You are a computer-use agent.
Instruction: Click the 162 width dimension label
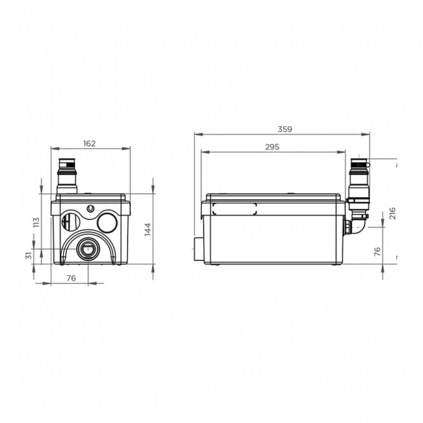click(x=90, y=143)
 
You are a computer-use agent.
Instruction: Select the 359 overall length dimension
click(x=284, y=129)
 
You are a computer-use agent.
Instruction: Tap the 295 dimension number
click(x=272, y=147)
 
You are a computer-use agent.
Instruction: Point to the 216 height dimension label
click(x=392, y=213)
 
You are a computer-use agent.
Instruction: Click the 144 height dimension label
click(x=147, y=228)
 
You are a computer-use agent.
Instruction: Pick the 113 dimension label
click(x=36, y=222)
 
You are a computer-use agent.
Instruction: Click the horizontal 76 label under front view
click(x=72, y=278)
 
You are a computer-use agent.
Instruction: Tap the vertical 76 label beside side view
click(x=377, y=252)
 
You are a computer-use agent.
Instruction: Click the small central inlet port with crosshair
click(x=87, y=249)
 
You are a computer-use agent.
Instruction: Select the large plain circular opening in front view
click(x=107, y=223)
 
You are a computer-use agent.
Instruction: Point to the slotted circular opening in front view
click(x=69, y=222)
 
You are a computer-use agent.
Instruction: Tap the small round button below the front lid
click(x=90, y=209)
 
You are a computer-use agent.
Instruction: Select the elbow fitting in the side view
click(x=357, y=225)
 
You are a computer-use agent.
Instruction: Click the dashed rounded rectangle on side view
click(x=234, y=209)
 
